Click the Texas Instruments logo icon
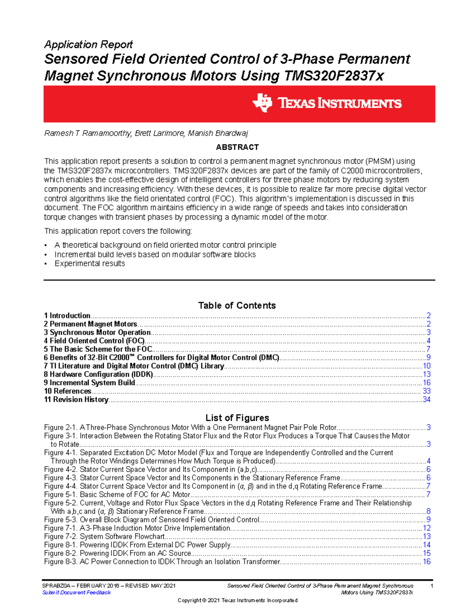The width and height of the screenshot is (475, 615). (x=262, y=103)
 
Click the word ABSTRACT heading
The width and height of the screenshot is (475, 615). (x=237, y=147)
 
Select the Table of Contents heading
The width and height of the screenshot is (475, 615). (x=237, y=305)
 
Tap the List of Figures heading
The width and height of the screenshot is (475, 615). (x=237, y=418)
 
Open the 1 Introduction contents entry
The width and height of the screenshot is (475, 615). (x=67, y=316)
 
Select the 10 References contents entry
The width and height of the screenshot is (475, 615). (x=68, y=391)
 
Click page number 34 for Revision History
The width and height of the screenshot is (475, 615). (x=426, y=400)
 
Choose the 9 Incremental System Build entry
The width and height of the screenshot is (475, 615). (x=89, y=383)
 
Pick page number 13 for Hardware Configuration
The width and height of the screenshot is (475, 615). (x=427, y=375)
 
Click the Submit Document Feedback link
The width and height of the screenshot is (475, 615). (x=76, y=593)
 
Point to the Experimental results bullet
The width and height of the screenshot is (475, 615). (x=90, y=264)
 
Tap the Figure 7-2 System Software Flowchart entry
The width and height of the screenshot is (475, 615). (x=104, y=537)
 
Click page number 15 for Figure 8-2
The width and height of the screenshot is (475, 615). (x=427, y=553)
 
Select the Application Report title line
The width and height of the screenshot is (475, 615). (x=88, y=44)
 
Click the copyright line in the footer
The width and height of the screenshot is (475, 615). (x=237, y=600)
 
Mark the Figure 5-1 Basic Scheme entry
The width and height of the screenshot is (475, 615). (x=117, y=495)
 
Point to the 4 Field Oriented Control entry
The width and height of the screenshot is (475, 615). (x=94, y=341)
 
